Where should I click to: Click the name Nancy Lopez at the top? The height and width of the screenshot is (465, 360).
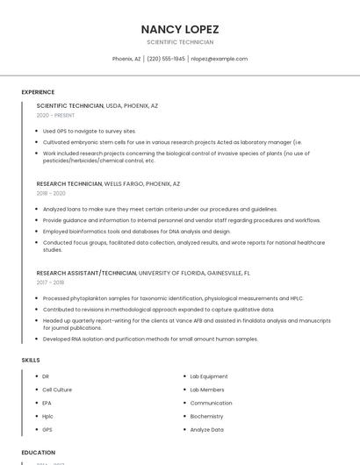pyautogui.click(x=180, y=29)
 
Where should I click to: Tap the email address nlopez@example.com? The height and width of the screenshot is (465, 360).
pyautogui.click(x=219, y=59)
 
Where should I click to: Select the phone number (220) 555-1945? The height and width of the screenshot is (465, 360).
pyautogui.click(x=166, y=59)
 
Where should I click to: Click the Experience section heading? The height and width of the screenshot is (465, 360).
pyautogui.click(x=38, y=92)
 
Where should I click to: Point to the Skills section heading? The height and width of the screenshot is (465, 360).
pyautogui.click(x=30, y=360)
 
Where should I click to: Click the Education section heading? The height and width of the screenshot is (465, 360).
pyautogui.click(x=38, y=453)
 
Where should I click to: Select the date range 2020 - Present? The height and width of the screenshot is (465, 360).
pyautogui.click(x=55, y=115)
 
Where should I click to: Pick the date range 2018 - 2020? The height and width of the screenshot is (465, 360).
pyautogui.click(x=51, y=193)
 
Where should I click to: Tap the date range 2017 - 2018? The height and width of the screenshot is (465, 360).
pyautogui.click(x=50, y=283)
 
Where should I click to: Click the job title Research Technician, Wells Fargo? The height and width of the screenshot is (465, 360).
pyautogui.click(x=108, y=184)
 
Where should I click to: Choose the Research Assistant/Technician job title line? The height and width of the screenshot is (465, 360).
pyautogui.click(x=143, y=273)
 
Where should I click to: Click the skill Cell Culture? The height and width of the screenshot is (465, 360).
pyautogui.click(x=57, y=390)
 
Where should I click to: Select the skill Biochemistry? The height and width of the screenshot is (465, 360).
pyautogui.click(x=206, y=417)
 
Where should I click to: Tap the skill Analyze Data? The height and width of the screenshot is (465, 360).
pyautogui.click(x=206, y=430)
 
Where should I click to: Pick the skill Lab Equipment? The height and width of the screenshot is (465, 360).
pyautogui.click(x=208, y=376)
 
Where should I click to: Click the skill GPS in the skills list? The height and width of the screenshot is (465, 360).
pyautogui.click(x=47, y=430)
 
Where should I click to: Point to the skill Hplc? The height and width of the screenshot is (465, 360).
pyautogui.click(x=47, y=417)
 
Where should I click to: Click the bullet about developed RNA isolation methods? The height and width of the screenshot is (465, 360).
pyautogui.click(x=150, y=339)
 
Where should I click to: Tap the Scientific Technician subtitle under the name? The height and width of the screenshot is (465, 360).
pyautogui.click(x=180, y=42)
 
